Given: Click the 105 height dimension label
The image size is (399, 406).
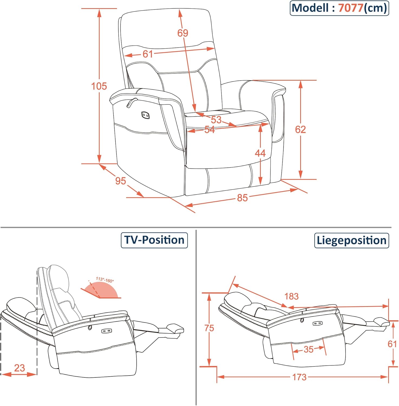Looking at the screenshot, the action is (99, 86).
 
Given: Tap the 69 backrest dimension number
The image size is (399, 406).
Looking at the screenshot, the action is (183, 33).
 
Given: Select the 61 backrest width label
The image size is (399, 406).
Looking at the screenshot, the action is (148, 54).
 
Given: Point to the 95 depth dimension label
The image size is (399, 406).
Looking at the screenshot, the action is (120, 181).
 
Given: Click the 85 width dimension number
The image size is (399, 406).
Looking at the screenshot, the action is (242, 198).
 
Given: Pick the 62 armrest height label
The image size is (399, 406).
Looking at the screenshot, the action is (300, 129).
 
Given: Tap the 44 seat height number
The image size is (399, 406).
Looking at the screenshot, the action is (260, 153).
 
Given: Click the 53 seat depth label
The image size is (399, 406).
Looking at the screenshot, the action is (216, 119).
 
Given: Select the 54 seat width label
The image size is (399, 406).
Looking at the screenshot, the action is (210, 130).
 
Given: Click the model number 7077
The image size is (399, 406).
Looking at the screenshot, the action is (351, 8).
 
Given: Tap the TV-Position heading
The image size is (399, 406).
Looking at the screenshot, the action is (154, 240).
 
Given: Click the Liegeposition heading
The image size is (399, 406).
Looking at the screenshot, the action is (351, 241).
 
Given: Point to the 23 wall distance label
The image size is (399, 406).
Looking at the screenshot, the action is (19, 368).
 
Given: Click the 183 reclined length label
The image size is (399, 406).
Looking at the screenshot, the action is (292, 296).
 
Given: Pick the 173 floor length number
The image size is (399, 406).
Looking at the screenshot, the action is (299, 377).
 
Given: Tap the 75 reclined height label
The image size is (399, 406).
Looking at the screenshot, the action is (209, 328).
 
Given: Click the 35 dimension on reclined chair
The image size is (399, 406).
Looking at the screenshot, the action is (309, 349).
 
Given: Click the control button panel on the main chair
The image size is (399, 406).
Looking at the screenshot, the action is (145, 115).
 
